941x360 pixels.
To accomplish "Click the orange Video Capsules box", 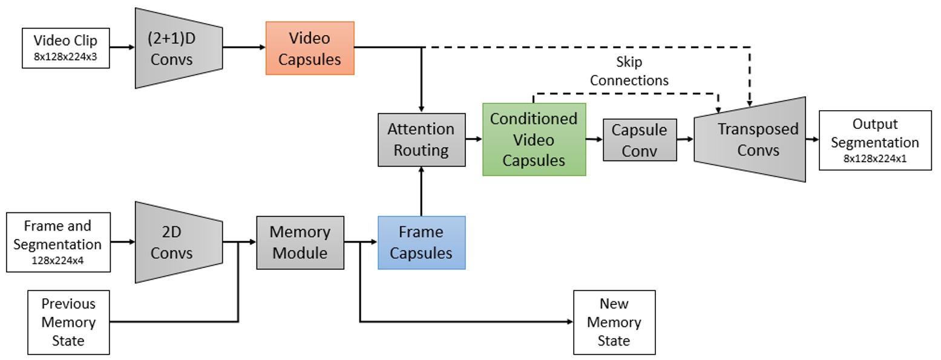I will (x=310, y=48).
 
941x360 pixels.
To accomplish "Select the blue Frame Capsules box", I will (x=421, y=242).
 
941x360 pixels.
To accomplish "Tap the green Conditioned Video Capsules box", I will (x=534, y=139).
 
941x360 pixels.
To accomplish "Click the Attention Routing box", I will (x=421, y=139).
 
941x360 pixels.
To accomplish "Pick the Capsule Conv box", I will (x=640, y=140).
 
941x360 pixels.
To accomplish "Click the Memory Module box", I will (x=300, y=242).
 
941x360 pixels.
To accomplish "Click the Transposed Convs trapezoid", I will (x=750, y=139).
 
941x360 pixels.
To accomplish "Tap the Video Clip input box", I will (x=66, y=48).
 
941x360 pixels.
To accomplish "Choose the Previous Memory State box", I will (x=68, y=322).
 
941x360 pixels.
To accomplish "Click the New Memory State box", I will (x=614, y=322).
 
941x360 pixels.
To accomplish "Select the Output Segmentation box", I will (x=874, y=140).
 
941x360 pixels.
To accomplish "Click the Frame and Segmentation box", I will (x=58, y=241).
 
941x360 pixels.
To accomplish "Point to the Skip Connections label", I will (x=629, y=71).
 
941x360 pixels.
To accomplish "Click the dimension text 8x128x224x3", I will (x=65, y=59).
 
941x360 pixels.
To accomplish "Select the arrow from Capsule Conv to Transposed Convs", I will (x=685, y=139).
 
